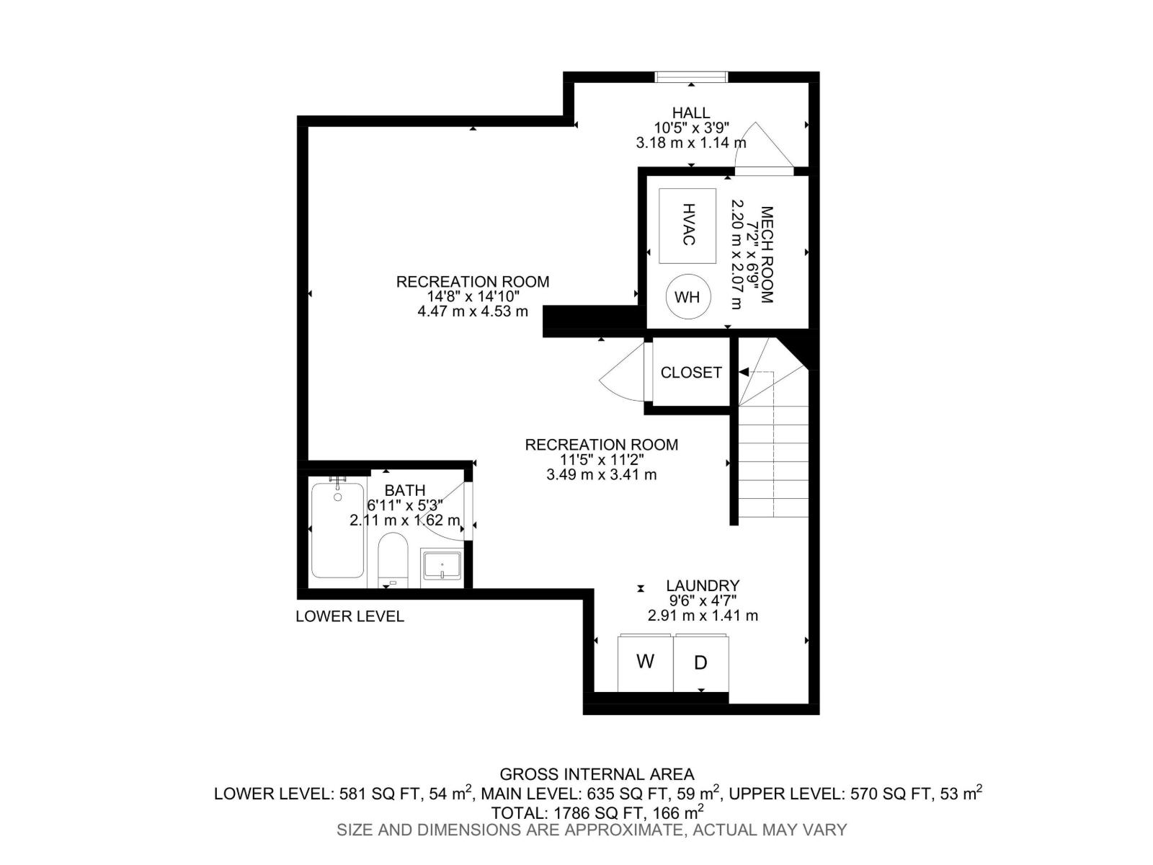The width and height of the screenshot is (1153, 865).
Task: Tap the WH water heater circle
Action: (687, 297)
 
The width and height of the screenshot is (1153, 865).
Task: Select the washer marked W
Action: (645, 662)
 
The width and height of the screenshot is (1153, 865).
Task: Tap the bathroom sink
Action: (442, 564)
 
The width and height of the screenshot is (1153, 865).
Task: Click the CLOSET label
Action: (690, 373)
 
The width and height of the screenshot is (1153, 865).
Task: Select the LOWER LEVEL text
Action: (350, 616)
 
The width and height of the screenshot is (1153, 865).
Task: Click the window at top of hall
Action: (691, 76)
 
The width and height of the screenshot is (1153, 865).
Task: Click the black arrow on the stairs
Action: (744, 372)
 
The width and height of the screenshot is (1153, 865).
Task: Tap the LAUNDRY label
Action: (703, 586)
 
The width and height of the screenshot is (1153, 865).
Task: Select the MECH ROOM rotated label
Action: (767, 255)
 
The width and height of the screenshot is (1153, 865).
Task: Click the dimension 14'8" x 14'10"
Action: (472, 296)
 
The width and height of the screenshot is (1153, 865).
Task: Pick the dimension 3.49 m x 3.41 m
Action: (601, 475)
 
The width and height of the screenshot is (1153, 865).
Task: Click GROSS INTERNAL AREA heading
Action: (597, 774)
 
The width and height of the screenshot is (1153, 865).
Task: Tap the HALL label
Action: (690, 112)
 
